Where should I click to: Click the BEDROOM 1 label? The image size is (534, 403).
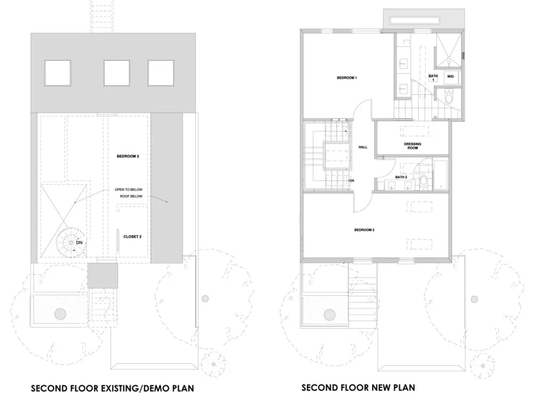[x=347, y=78]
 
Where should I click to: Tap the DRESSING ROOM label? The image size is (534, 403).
[x=412, y=146]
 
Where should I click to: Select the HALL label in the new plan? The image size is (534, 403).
[x=363, y=147]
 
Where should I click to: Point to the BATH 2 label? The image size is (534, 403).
[x=401, y=177]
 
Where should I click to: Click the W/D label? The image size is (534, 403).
[x=450, y=76]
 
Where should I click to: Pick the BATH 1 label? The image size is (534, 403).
[x=433, y=77]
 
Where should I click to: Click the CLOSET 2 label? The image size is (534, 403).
[x=132, y=236]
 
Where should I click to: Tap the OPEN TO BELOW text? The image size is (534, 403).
[x=128, y=189]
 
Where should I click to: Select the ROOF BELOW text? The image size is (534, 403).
[x=131, y=196]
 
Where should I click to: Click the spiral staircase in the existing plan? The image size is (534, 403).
[x=71, y=242]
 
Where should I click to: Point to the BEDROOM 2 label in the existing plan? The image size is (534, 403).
[x=128, y=156]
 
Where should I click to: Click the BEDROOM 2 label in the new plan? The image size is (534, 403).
[x=364, y=230]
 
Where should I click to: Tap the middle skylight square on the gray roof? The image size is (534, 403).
[x=116, y=73]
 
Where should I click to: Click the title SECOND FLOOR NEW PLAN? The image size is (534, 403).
[x=358, y=388]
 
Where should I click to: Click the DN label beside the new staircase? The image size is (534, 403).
[x=352, y=181]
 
